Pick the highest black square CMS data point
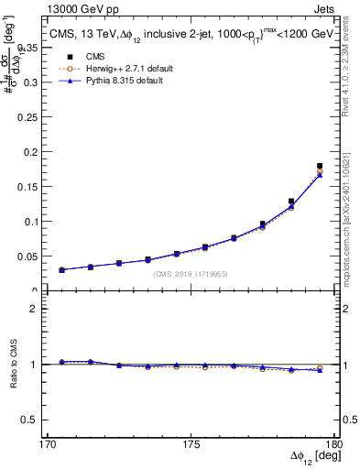click(x=320, y=166)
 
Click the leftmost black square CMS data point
click(x=61, y=270)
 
